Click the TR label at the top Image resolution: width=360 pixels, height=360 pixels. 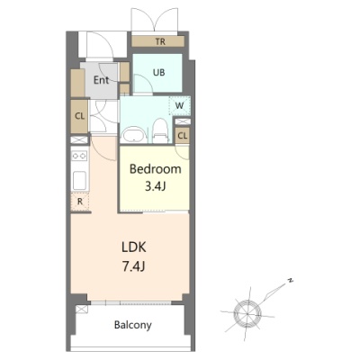click(x=160, y=41)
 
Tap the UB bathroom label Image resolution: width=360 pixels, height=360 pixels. click(x=158, y=72)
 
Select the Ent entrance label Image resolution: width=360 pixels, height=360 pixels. click(x=101, y=80)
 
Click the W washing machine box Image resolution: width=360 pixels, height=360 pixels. click(x=180, y=105)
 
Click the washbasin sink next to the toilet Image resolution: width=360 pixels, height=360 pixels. click(x=133, y=135)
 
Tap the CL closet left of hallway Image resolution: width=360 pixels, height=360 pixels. click(x=79, y=116)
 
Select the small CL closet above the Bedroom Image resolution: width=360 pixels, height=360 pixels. click(x=183, y=136)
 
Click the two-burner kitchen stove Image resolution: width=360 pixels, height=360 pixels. click(x=79, y=156)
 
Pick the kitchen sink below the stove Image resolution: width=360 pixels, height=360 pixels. click(x=80, y=180)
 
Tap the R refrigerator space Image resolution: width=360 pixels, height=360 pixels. click(x=80, y=202)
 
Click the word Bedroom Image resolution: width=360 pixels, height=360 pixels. click(x=156, y=169)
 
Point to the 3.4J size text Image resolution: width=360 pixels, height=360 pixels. click(x=156, y=186)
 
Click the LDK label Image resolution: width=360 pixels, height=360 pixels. click(x=134, y=247)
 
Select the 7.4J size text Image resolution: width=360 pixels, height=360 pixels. click(x=134, y=265)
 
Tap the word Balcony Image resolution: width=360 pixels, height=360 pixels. click(x=133, y=325)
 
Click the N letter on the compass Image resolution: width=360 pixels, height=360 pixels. click(x=290, y=281)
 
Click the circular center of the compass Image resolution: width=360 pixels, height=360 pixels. click(x=247, y=313)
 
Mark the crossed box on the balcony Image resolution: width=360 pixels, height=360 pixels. click(x=82, y=309)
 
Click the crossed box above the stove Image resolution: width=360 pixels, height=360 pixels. click(x=79, y=139)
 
